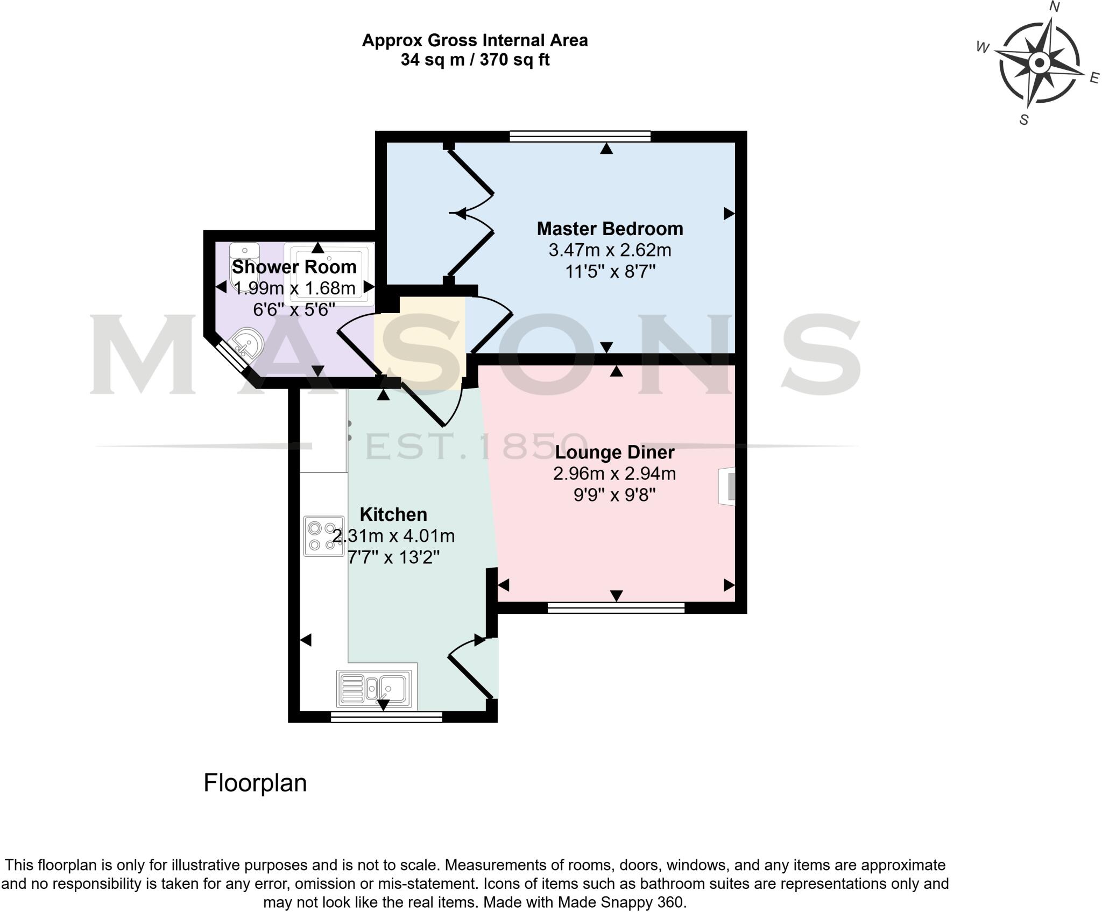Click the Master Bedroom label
pyautogui.click(x=610, y=229)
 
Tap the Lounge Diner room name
pyautogui.click(x=614, y=452)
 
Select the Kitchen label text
pyautogui.click(x=393, y=514)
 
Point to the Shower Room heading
pyautogui.click(x=294, y=267)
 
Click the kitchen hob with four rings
pyautogui.click(x=324, y=536)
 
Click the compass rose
pyautogui.click(x=1039, y=63)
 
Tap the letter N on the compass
pyautogui.click(x=1055, y=7)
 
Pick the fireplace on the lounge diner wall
pyautogui.click(x=727, y=486)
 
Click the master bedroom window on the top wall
pyautogui.click(x=580, y=136)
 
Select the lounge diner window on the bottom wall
pyautogui.click(x=616, y=608)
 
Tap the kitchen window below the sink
pyautogui.click(x=386, y=717)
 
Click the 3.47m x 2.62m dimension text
pyautogui.click(x=610, y=250)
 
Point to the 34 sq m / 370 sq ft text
pyautogui.click(x=475, y=60)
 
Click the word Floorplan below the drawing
pyautogui.click(x=255, y=783)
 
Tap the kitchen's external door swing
pyautogui.click(x=471, y=667)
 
